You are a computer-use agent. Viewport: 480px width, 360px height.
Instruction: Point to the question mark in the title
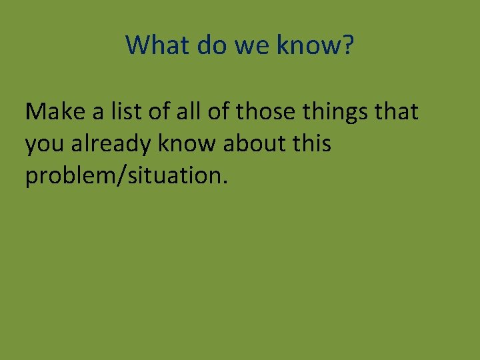[347, 45]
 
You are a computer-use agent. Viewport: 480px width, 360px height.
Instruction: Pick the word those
[259, 112]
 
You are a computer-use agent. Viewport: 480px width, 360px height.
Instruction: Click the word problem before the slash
[68, 176]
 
